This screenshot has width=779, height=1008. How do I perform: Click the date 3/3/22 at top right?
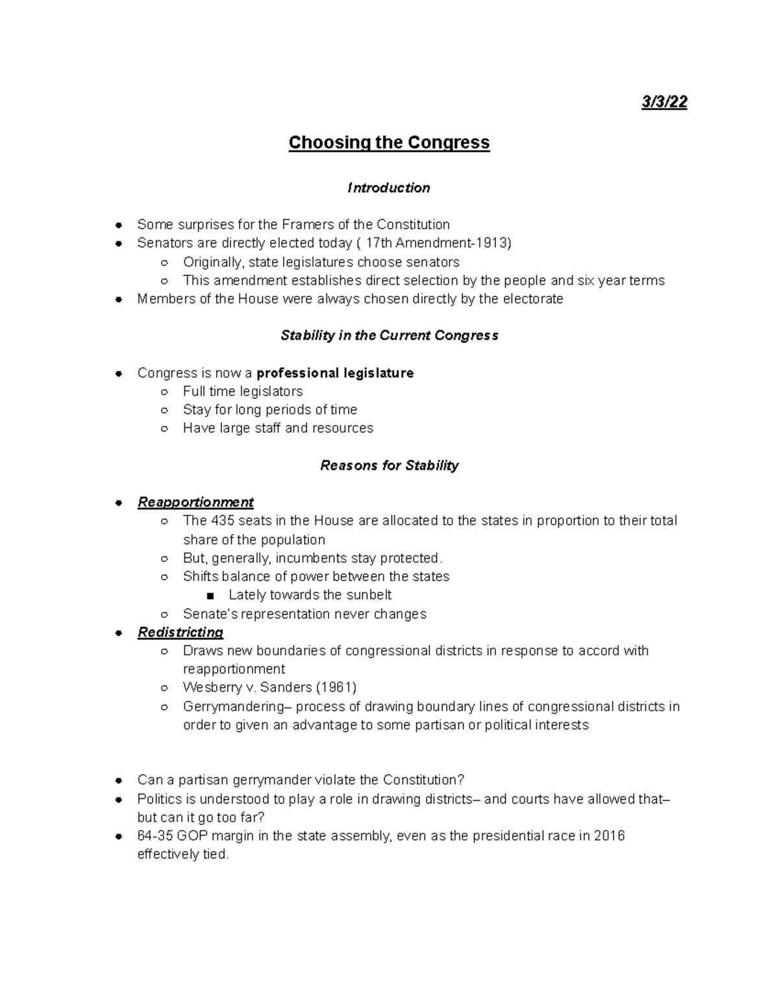[664, 103]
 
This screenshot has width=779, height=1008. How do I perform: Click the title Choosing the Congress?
[389, 143]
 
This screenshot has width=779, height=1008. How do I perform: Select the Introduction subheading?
[389, 188]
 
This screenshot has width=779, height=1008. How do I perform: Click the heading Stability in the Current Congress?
[389, 336]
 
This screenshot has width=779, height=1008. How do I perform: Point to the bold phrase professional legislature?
[335, 373]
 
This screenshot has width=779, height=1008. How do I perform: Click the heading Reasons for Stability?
[389, 465]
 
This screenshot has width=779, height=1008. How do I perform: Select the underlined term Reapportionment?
[195, 502]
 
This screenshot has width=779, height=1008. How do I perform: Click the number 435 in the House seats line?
[221, 521]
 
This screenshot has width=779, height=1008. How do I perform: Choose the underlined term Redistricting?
[180, 632]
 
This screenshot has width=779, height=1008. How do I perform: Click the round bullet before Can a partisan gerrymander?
[118, 781]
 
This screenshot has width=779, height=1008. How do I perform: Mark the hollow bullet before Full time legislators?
[165, 392]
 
